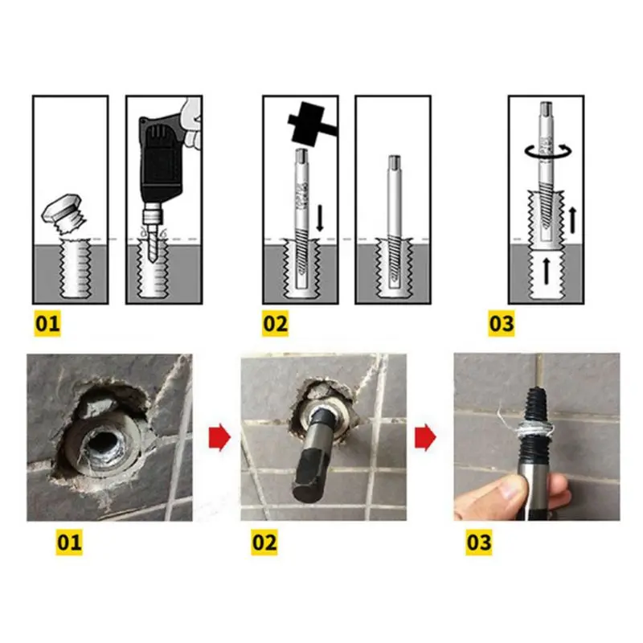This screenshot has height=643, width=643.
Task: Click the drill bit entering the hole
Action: coord(153,242)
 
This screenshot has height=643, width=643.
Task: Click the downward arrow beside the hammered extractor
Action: coord(320,217)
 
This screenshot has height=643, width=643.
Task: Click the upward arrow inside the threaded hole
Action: coord(547,271)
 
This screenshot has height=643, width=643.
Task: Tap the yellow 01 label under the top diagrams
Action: coord(47,323)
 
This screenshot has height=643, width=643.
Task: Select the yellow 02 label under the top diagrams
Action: coord(275,323)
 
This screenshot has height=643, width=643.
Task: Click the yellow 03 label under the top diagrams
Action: coord(501,323)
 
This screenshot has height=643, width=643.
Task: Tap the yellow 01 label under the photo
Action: coord(69,542)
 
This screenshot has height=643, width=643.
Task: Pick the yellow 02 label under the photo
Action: coord(264,542)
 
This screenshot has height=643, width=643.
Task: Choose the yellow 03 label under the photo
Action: coord(478,542)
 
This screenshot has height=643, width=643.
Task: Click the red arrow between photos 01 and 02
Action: coord(219,437)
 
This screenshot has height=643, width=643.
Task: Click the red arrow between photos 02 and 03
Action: coord(425,437)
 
